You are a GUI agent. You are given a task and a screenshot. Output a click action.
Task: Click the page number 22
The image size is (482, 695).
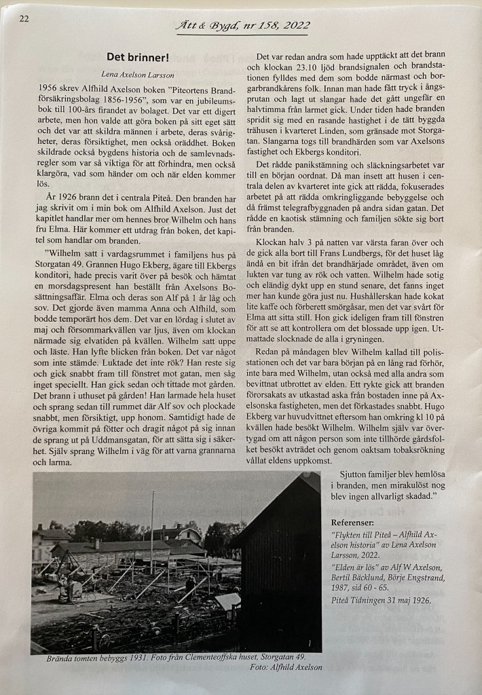(24, 19)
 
